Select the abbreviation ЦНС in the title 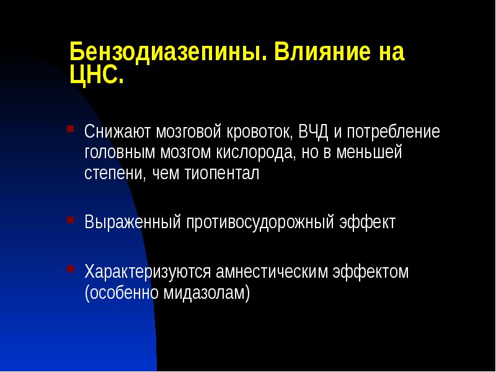click(96, 77)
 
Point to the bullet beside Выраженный click(71, 219)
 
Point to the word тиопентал click(222, 174)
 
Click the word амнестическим click(274, 272)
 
